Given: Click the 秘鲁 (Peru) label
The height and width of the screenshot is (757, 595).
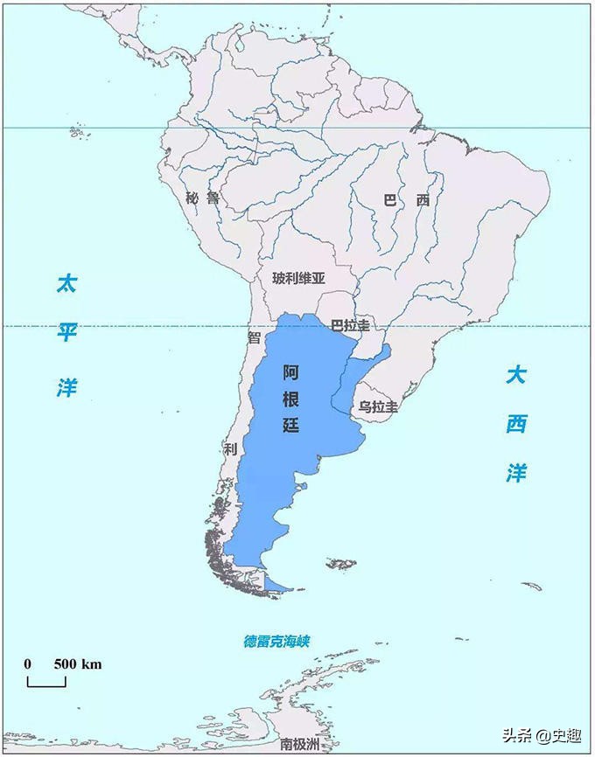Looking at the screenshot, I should pyautogui.click(x=203, y=198).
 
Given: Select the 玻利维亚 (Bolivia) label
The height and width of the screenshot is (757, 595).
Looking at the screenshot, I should pyautogui.click(x=298, y=279).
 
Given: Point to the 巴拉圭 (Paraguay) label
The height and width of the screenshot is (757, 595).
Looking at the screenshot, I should pyautogui.click(x=350, y=325).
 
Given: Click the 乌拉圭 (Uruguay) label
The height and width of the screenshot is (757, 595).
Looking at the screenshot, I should pyautogui.click(x=378, y=407).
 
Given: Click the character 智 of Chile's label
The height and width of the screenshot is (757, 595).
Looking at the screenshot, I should pyautogui.click(x=255, y=337).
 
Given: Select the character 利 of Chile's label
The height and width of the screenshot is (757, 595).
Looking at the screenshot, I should pyautogui.click(x=230, y=449).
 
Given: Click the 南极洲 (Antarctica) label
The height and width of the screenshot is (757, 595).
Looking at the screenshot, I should pyautogui.click(x=298, y=745).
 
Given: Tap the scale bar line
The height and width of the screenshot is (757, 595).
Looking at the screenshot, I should pyautogui.click(x=46, y=684).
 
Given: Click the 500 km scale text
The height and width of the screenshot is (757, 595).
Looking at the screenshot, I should pyautogui.click(x=78, y=663).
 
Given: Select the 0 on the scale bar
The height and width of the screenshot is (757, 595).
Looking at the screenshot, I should pyautogui.click(x=28, y=663).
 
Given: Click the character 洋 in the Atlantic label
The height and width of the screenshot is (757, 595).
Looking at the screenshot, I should pyautogui.click(x=516, y=473).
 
